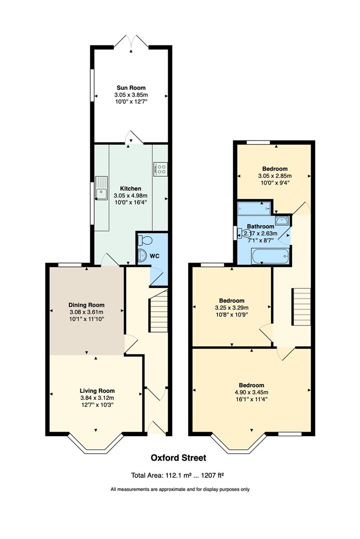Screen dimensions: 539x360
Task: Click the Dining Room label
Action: point(86,305)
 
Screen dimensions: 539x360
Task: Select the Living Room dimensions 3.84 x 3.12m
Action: point(97,398)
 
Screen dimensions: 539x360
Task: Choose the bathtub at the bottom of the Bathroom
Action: point(270,257)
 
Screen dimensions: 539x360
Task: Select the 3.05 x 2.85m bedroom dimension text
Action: point(274,176)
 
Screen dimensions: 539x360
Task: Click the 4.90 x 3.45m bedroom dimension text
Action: point(251,392)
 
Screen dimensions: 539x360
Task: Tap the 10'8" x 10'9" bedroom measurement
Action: point(232,314)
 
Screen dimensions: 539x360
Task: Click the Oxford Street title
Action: point(178,458)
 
